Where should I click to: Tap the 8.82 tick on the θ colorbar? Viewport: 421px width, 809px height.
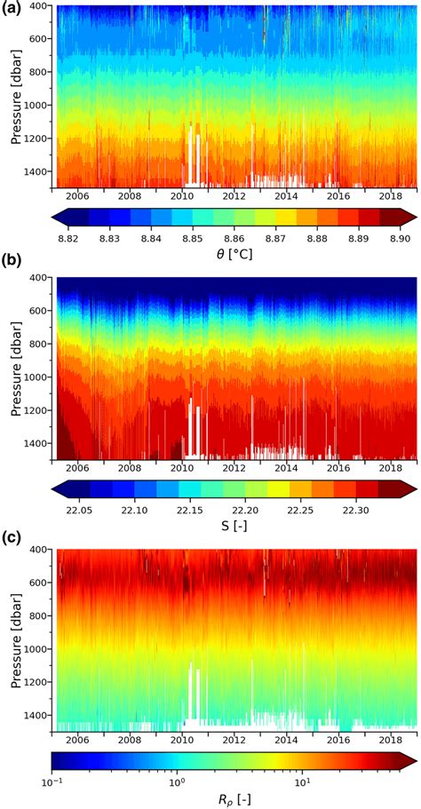pos(69,239)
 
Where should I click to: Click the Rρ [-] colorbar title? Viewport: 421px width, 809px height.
pos(234,801)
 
